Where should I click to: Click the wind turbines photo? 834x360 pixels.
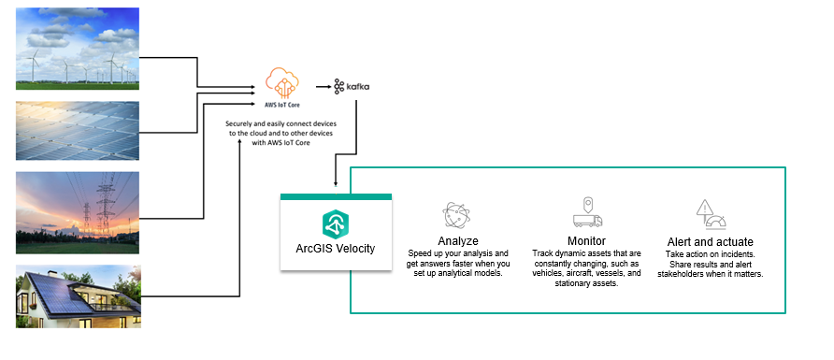tap(78, 48)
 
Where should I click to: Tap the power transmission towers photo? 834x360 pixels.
tap(78, 212)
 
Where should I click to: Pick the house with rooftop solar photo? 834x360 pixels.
tap(78, 295)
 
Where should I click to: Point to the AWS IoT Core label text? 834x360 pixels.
tap(282, 106)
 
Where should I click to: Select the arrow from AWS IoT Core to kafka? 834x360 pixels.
tap(322, 86)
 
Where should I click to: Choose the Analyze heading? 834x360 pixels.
tap(458, 240)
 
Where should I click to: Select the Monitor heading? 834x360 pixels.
tap(586, 240)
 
